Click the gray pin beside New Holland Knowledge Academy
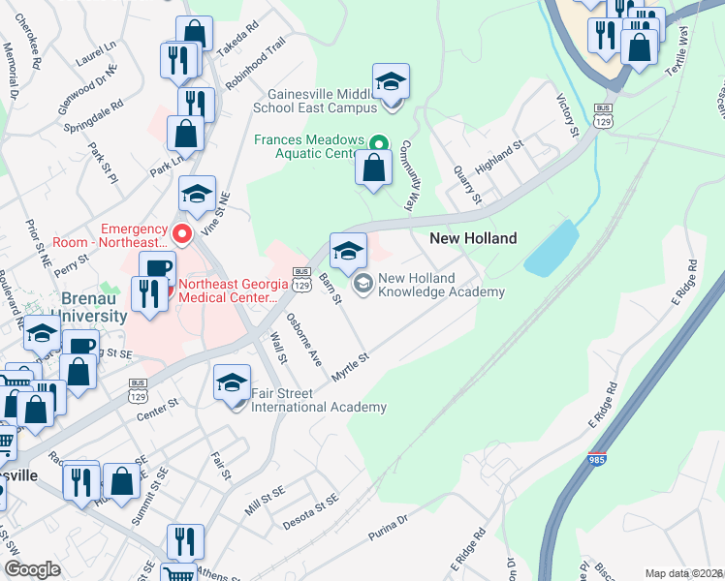[363, 283]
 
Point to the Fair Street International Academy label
[318, 400]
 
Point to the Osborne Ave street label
[302, 339]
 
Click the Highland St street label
[500, 155]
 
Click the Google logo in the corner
[32, 568]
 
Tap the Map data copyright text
[683, 573]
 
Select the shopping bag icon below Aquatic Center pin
[374, 168]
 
